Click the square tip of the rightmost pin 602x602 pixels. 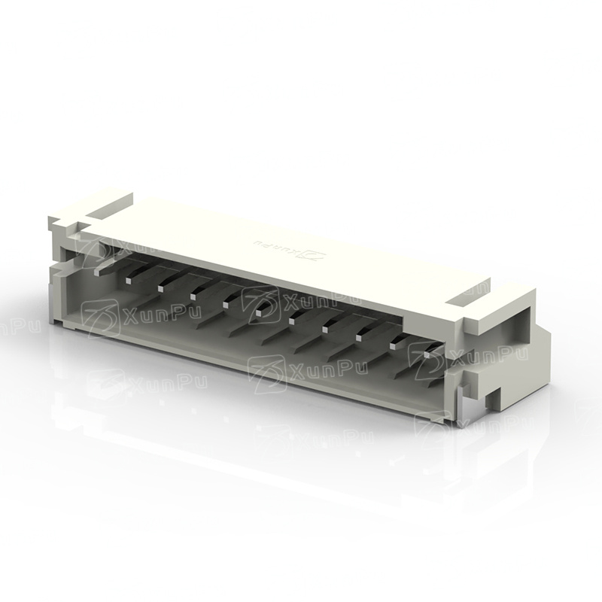pos(427,354)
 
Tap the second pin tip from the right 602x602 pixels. pos(393,345)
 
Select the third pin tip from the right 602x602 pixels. pos(360,337)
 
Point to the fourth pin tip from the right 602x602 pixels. pos(327,329)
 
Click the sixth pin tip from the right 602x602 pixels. pos(260,312)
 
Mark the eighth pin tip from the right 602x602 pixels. pos(193,296)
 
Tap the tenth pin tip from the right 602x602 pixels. pos(128,281)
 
